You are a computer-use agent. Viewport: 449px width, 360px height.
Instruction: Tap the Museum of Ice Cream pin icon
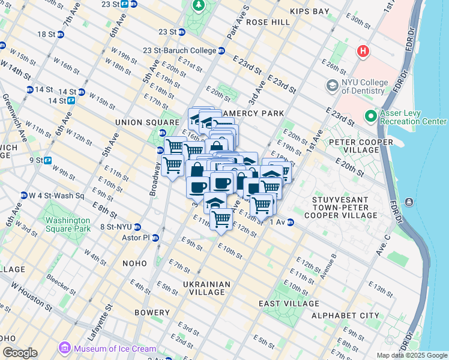coord(64,348)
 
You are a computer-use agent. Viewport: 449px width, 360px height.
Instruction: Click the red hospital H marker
coord(362,52)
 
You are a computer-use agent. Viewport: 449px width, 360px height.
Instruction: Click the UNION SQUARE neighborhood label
coord(141,122)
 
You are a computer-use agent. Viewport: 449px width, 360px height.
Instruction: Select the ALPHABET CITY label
coord(345,315)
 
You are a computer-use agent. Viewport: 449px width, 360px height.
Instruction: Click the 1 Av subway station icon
coord(291,223)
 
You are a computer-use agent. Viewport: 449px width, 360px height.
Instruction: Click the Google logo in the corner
coord(20,353)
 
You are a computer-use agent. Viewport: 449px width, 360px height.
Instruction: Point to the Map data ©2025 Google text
coord(411,355)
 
